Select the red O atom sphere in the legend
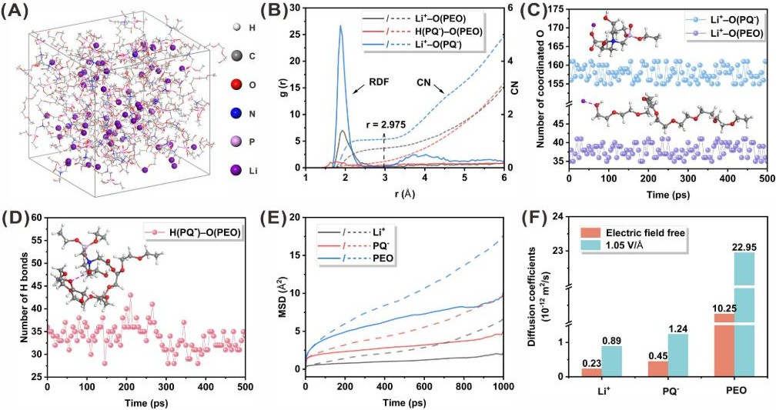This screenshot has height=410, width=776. [239, 85]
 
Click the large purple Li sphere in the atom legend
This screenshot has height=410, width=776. [238, 170]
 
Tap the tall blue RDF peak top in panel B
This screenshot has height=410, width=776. [340, 25]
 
